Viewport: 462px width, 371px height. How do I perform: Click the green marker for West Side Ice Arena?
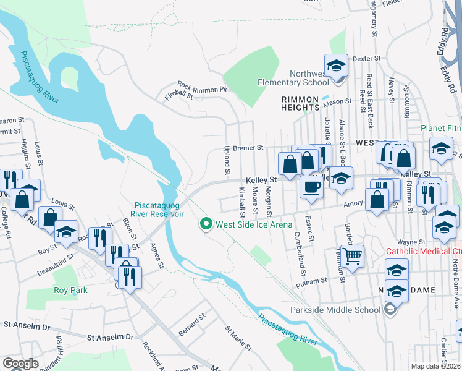(207, 224)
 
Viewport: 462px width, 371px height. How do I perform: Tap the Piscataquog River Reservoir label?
(160, 210)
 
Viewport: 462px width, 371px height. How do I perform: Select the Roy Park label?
(70, 290)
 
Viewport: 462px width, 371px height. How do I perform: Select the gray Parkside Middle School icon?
(389, 310)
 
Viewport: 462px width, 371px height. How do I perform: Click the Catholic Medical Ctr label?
(423, 251)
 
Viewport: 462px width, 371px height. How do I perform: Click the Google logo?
(20, 364)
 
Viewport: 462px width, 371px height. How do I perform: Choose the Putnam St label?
(328, 280)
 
